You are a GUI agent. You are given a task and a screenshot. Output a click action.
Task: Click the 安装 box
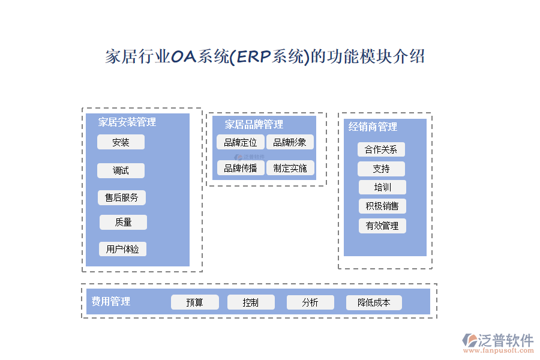pos(121,142)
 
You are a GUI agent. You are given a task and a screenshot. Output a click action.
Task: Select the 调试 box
pos(121,170)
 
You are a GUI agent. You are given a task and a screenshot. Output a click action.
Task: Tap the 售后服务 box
pos(122,197)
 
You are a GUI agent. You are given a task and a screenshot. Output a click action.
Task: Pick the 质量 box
pos(123,222)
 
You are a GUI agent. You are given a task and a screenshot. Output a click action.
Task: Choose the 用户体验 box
pos(122,249)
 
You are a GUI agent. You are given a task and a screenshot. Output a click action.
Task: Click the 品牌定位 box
pos(240,142)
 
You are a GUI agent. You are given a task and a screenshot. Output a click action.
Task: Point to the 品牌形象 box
pos(290,142)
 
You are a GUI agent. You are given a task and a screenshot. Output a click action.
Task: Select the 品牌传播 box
pos(240,168)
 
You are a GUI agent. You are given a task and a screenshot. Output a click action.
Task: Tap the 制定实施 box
pos(290,168)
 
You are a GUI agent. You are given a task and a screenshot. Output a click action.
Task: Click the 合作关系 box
pos(381,149)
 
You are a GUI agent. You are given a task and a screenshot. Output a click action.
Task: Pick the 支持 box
pos(381,169)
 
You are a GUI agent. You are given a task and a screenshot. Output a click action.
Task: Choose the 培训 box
pos(382,187)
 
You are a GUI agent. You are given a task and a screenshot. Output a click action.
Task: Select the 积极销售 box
pos(382,206)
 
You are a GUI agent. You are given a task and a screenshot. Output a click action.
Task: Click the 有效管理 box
pos(382,226)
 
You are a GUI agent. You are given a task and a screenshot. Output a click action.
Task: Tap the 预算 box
pos(195,302)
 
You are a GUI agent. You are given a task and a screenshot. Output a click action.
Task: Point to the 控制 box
pos(251,302)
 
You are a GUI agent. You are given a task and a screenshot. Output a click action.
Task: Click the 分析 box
pos(310,302)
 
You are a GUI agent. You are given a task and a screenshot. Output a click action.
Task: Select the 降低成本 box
pos(374,302)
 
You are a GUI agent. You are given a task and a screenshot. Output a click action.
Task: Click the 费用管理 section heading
pos(111,301)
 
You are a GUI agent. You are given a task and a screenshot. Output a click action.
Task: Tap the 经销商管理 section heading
pos(373,127)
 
